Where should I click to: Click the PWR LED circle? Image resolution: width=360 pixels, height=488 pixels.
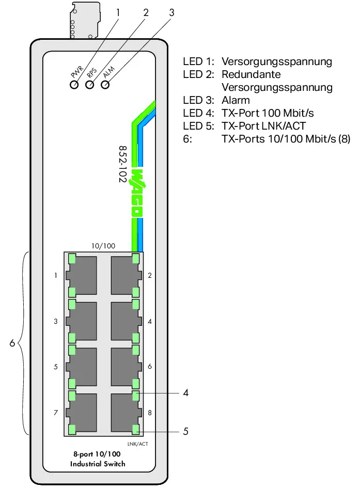(x=74, y=84)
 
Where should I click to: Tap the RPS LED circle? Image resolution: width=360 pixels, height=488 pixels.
(x=89, y=84)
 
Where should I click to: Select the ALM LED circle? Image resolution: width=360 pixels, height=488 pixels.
(x=105, y=84)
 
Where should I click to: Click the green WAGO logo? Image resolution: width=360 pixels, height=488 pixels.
(x=136, y=193)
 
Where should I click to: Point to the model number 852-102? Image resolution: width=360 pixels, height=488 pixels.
(x=123, y=164)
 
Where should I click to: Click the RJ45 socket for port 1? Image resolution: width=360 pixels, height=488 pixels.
(x=81, y=275)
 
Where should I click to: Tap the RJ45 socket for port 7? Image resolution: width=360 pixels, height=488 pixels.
(x=81, y=413)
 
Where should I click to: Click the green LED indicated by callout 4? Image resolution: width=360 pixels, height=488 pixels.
(x=135, y=396)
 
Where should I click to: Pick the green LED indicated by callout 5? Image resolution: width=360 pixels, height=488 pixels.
(x=135, y=430)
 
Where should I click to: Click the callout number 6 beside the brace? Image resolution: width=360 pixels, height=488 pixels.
(x=12, y=343)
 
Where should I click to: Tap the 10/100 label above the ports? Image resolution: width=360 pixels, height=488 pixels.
(x=103, y=246)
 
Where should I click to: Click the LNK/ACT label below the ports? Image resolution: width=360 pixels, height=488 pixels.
(x=137, y=444)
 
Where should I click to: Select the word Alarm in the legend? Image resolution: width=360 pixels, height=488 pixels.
(x=236, y=100)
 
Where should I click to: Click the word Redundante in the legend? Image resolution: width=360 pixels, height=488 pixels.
(x=251, y=74)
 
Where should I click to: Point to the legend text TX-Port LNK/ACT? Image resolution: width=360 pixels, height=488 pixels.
(x=263, y=126)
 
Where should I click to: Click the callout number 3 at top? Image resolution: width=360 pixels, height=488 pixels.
(x=171, y=12)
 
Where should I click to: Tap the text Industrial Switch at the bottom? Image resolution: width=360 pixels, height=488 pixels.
(x=98, y=464)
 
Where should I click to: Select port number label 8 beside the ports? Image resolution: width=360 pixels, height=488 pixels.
(x=150, y=413)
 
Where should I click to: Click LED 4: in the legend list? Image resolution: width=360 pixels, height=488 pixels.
(x=198, y=113)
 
